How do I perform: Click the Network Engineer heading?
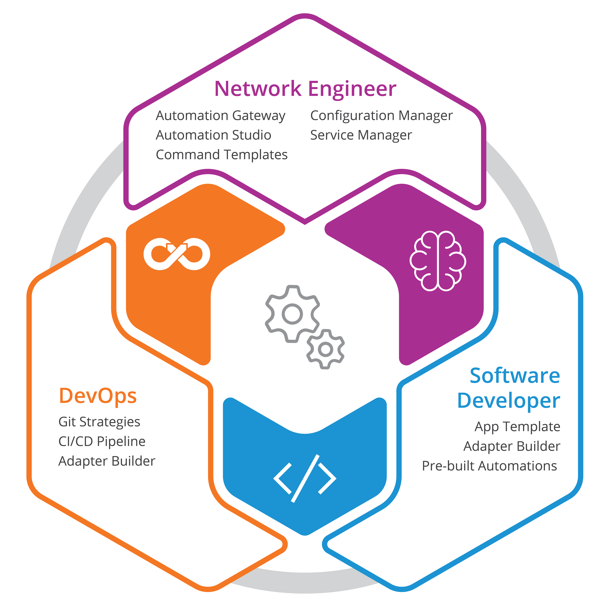[305, 89]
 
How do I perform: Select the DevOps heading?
[98, 396]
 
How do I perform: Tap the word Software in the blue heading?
[515, 376]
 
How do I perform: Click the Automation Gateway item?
[220, 116]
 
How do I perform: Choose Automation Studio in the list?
[213, 135]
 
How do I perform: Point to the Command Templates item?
[222, 155]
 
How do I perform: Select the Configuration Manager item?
[381, 116]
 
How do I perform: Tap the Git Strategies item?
[99, 422]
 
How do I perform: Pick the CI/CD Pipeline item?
[102, 441]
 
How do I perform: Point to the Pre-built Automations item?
[489, 466]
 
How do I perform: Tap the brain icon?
[438, 261]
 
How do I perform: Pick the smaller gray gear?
[325, 349]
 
